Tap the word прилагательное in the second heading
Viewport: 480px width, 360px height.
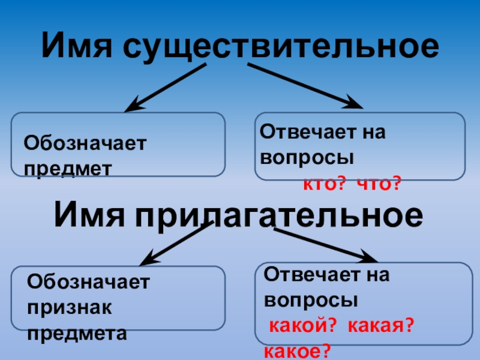pos(280,215)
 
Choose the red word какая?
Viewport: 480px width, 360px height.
pos(382,326)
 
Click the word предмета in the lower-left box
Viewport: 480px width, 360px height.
pos(77,333)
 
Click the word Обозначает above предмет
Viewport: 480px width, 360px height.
pos(85,144)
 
